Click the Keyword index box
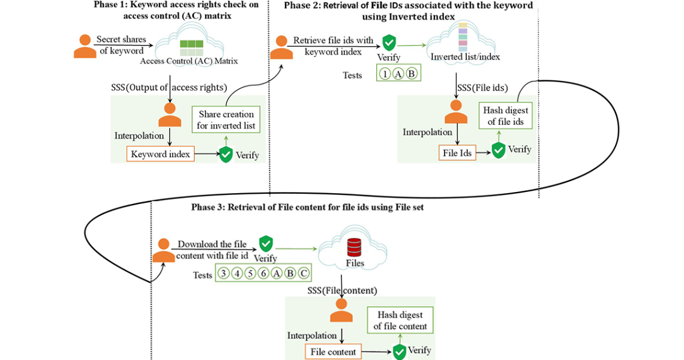pyautogui.click(x=160, y=154)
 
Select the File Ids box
pyautogui.click(x=457, y=153)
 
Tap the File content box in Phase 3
pyautogui.click(x=332, y=352)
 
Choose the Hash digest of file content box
pyautogui.click(x=400, y=320)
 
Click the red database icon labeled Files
pyautogui.click(x=354, y=247)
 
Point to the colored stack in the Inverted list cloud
pyautogui.click(x=463, y=37)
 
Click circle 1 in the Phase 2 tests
pyautogui.click(x=385, y=74)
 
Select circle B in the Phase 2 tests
pyautogui.click(x=411, y=74)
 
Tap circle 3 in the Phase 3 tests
pyautogui.click(x=223, y=274)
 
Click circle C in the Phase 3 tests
pyautogui.click(x=304, y=274)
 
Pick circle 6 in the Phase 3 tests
pyautogui.click(x=263, y=274)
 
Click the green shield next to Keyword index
pyautogui.click(x=226, y=154)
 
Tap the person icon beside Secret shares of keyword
pyautogui.click(x=85, y=46)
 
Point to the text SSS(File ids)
pyautogui.click(x=483, y=88)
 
